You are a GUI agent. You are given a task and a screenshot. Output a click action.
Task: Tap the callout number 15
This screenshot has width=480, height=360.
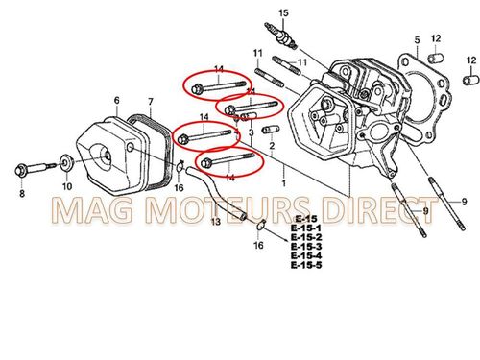click(x=283, y=12)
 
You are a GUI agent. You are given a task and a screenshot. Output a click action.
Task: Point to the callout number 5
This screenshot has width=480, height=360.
click(x=417, y=39)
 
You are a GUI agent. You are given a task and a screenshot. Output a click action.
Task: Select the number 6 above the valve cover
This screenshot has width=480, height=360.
click(x=116, y=100)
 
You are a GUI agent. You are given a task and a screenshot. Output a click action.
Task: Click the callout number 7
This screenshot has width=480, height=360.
click(x=150, y=101)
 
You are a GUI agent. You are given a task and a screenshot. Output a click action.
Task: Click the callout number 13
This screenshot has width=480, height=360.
click(x=216, y=222)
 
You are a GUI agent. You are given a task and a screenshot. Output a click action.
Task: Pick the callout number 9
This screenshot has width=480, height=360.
click(x=463, y=202)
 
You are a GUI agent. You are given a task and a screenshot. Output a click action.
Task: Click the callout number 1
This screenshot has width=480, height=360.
click(x=282, y=180)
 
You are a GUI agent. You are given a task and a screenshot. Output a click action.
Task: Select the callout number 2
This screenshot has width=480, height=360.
click(x=272, y=146)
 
